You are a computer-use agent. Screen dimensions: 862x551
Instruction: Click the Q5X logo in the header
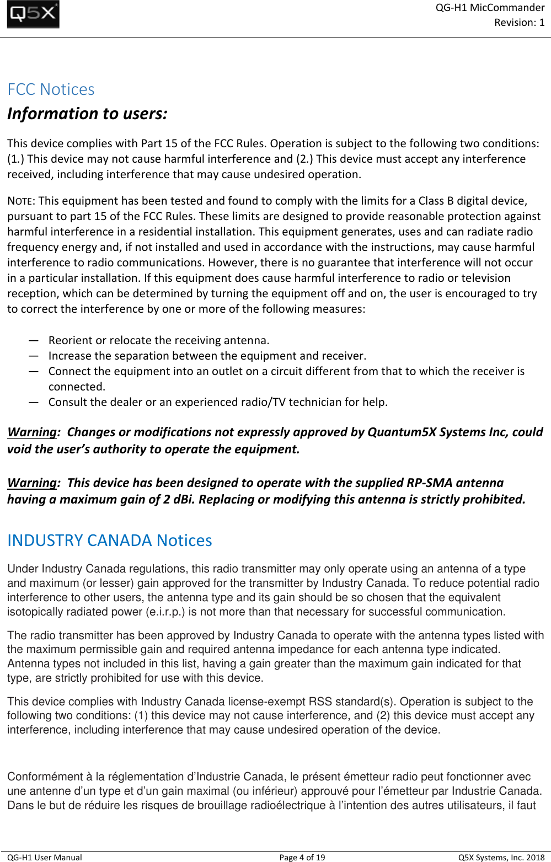(x=33, y=14)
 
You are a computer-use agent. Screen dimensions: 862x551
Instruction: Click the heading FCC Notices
(x=51, y=89)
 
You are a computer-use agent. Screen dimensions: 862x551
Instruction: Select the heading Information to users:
(x=87, y=114)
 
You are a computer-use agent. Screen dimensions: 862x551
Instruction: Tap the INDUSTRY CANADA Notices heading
(x=109, y=540)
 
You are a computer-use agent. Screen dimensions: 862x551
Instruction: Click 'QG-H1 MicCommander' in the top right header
(x=490, y=8)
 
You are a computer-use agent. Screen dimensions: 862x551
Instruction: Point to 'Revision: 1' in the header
(x=519, y=23)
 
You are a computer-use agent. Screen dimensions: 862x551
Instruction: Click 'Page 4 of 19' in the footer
(x=302, y=857)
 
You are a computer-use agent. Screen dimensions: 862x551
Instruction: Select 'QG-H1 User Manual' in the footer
(x=45, y=857)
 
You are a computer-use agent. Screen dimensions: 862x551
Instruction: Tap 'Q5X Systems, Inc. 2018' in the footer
(x=501, y=857)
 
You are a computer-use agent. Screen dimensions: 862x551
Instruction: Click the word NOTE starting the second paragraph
(x=21, y=201)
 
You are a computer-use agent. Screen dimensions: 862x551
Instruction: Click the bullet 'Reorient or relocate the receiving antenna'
(x=159, y=340)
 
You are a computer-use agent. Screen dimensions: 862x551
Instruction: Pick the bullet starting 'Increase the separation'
(x=207, y=356)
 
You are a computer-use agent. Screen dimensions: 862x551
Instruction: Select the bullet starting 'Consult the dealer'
(x=218, y=402)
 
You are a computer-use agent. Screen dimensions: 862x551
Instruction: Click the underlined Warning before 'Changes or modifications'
(x=32, y=432)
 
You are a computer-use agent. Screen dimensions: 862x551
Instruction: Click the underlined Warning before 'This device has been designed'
(x=32, y=483)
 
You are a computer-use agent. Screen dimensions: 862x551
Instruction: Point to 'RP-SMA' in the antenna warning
(x=429, y=483)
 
